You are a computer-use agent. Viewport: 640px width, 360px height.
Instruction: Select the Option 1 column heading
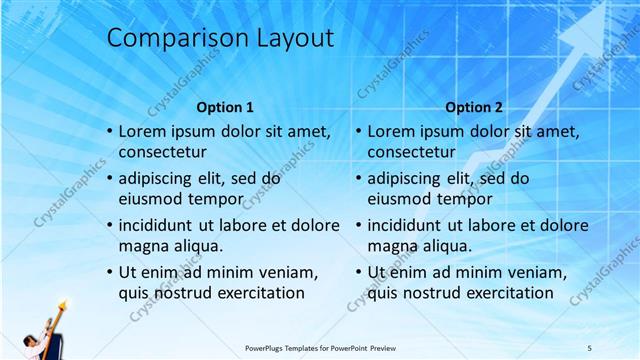pos(225,107)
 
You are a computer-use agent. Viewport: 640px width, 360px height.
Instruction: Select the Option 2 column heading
pos(474,107)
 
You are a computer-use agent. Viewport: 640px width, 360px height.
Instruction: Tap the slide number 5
pos(590,347)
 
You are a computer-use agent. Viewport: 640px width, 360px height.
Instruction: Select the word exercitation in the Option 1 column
pos(255,293)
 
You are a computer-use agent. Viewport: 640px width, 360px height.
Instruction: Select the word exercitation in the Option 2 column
pos(504,293)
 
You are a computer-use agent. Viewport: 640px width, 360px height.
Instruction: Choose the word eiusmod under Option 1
pos(150,199)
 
